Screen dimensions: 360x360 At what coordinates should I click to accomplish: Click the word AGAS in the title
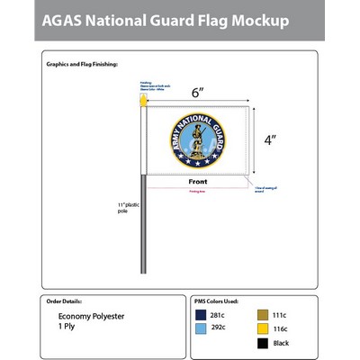[x=68, y=20]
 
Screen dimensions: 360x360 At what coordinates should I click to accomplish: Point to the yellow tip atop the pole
[x=141, y=102]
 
